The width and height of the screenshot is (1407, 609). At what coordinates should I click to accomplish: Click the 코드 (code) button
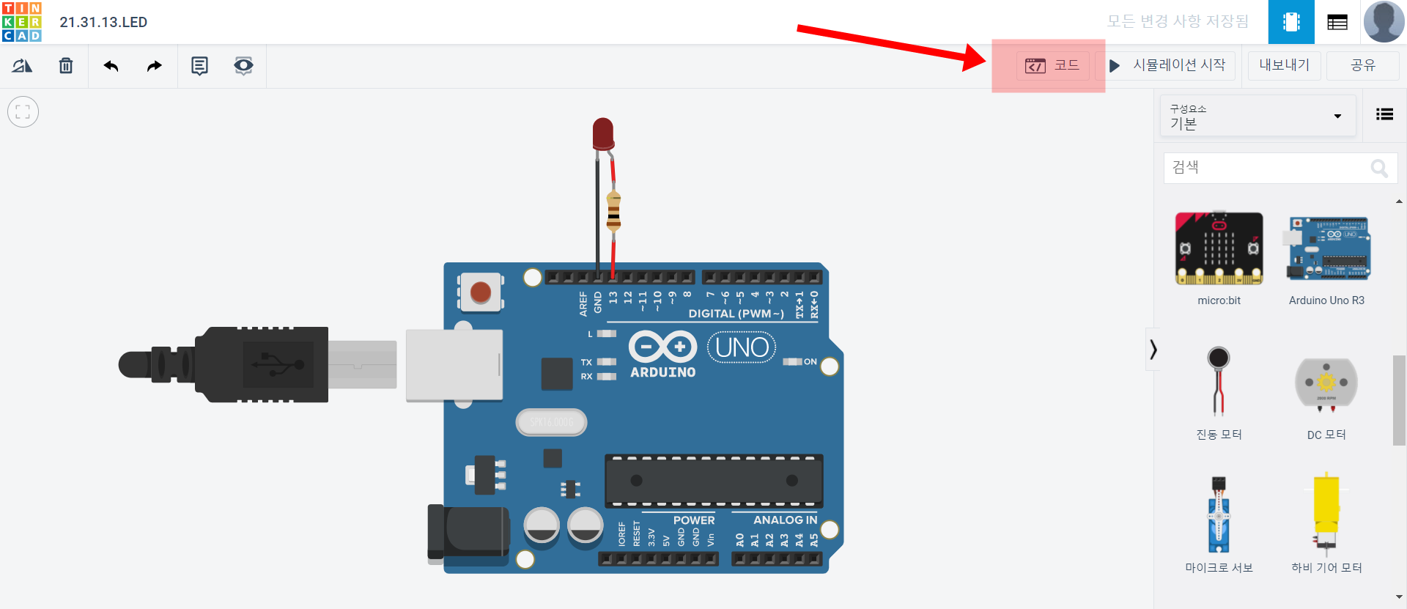1052,65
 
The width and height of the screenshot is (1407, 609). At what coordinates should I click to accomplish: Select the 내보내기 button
1284,65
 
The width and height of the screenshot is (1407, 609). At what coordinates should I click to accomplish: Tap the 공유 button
1362,65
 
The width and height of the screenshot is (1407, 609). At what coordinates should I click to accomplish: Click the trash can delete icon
66,66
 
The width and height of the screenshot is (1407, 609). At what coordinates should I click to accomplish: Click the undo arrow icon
111,66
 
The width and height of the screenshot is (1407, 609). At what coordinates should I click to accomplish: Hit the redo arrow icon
154,66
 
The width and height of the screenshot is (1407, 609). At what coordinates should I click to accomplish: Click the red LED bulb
603,133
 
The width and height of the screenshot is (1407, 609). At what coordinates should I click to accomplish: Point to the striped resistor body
613,211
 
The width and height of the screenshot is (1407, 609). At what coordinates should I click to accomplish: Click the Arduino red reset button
481,292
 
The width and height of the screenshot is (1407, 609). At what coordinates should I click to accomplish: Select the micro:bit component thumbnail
1219,248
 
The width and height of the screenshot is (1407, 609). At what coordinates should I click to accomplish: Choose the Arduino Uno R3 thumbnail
1327,248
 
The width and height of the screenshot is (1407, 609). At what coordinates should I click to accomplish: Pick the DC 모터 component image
1326,383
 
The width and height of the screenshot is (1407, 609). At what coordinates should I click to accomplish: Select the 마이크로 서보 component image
1219,514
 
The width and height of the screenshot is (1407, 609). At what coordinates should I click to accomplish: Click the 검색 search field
1268,168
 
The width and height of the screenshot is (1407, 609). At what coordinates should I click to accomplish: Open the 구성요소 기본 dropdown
1256,117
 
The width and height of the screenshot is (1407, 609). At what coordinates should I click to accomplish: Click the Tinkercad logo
22,22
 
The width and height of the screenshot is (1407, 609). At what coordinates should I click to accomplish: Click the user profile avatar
1383,21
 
